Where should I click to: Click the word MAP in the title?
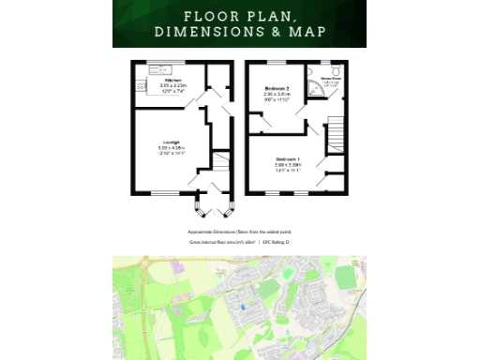pos(308,32)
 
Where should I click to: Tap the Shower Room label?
pos(329,79)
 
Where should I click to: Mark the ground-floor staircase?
pos(218,160)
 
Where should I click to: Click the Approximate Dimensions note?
pos(239,231)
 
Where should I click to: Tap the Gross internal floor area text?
pos(221,242)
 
